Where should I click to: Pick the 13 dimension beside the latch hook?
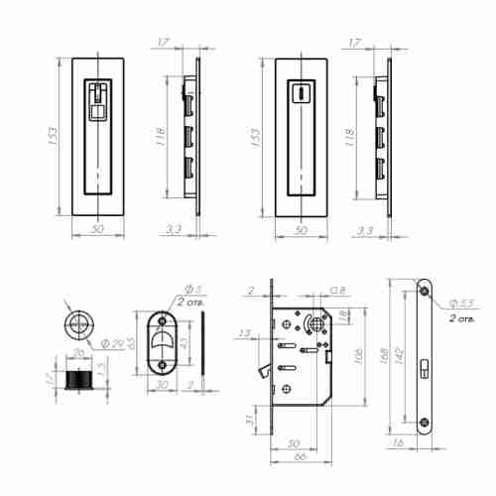(x=245, y=333)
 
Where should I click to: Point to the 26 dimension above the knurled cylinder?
(x=76, y=353)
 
